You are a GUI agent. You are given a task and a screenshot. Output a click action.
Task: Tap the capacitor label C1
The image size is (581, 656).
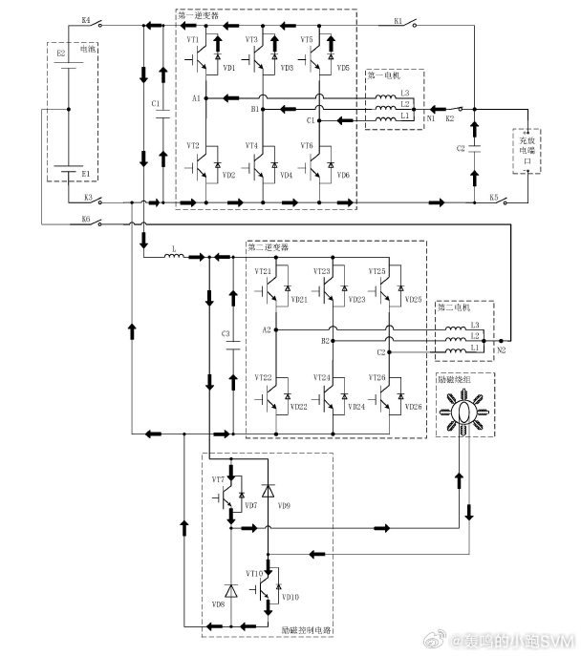(155, 102)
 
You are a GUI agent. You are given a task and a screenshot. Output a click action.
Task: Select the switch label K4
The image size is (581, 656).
(86, 19)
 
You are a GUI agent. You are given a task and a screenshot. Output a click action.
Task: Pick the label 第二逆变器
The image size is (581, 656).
(269, 246)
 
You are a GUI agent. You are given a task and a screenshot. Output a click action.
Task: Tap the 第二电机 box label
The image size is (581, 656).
(457, 308)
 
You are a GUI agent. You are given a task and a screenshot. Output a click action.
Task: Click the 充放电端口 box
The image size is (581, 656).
(527, 151)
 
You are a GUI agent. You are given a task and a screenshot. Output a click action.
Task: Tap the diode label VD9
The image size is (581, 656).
(285, 504)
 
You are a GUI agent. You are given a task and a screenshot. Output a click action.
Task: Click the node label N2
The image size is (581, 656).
(500, 350)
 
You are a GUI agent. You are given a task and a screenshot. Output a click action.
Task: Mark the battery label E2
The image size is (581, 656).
(61, 55)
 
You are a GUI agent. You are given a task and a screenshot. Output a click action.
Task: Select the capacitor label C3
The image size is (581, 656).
(226, 333)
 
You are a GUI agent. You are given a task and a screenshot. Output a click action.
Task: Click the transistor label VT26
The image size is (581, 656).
(378, 379)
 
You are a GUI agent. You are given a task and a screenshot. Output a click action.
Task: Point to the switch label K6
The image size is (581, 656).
(86, 219)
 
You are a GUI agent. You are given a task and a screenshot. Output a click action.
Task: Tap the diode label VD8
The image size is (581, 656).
(219, 604)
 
